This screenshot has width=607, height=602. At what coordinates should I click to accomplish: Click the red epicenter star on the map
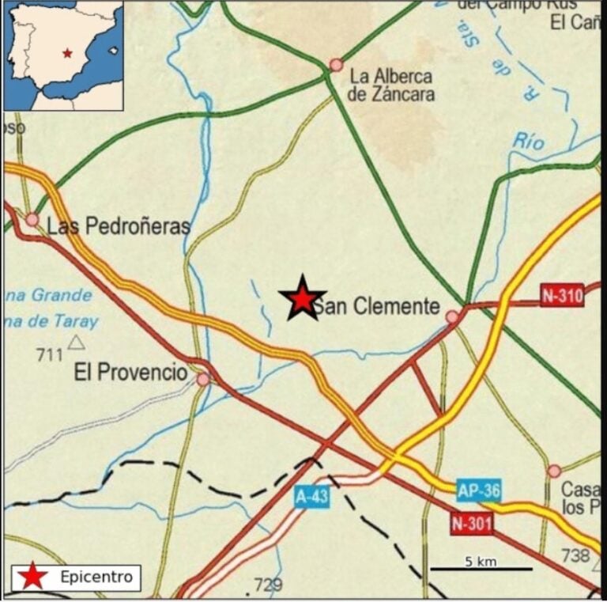tap(301, 298)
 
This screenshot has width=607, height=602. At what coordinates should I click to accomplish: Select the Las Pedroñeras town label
tap(119, 226)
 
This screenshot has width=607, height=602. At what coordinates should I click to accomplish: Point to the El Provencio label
tap(130, 372)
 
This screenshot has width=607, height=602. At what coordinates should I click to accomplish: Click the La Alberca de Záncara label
tap(390, 85)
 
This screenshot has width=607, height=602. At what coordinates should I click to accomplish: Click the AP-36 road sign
tap(479, 490)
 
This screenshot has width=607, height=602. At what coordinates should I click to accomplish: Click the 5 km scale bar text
tap(480, 562)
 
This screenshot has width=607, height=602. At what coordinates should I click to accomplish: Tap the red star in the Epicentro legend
tap(32, 577)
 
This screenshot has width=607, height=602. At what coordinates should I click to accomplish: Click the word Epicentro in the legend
tap(96, 577)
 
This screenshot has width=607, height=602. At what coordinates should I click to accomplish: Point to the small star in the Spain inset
tap(68, 53)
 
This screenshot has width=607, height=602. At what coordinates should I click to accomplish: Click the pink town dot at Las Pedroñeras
tap(32, 219)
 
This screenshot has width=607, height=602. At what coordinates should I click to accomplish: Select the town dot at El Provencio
tap(203, 380)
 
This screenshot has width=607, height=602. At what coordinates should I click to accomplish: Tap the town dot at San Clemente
tap(452, 317)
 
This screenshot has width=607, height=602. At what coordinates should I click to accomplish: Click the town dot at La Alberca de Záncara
tap(336, 65)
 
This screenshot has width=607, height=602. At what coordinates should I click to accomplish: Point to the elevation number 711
tap(49, 355)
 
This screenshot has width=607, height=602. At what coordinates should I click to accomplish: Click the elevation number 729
tap(268, 585)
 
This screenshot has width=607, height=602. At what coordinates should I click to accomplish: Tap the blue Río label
tap(529, 142)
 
